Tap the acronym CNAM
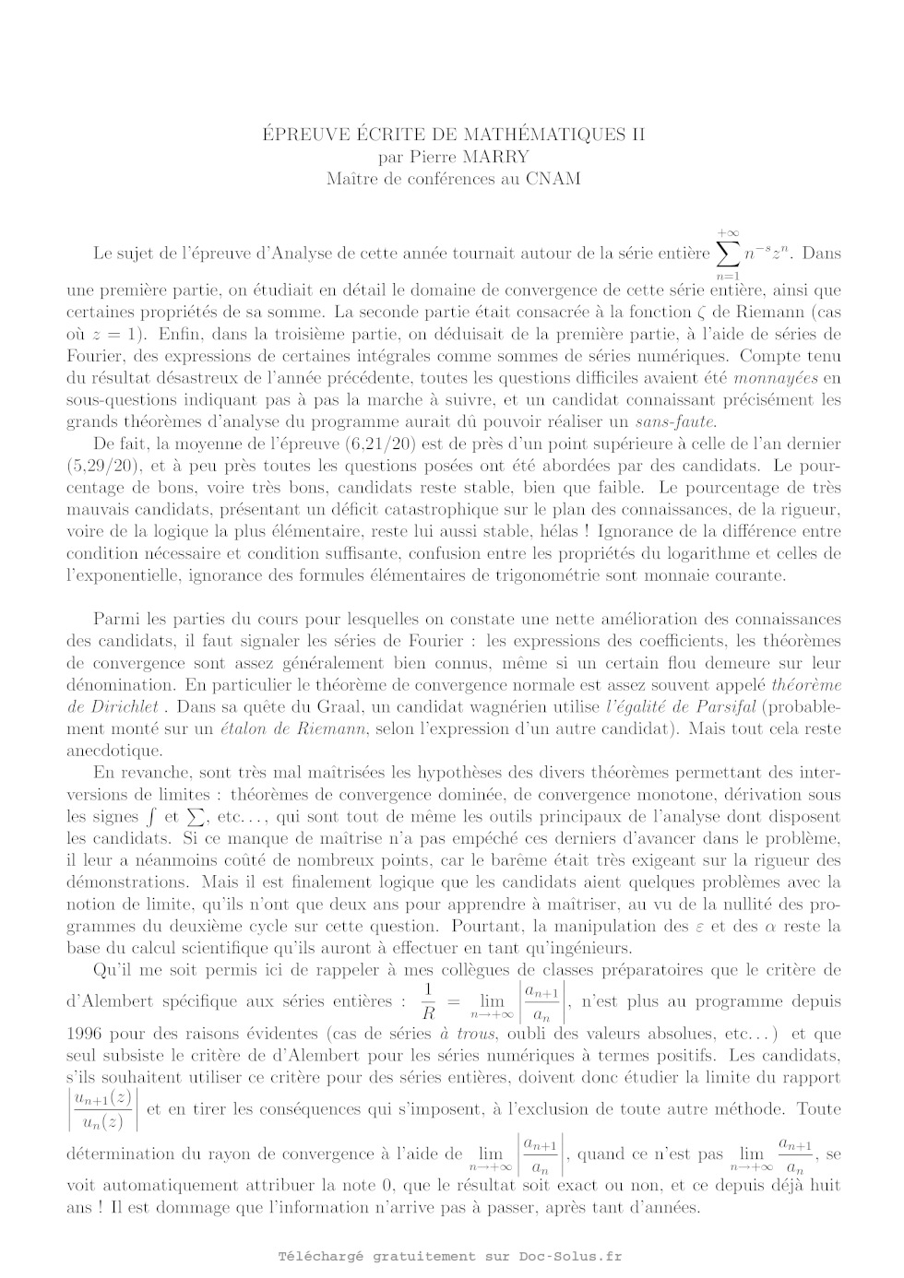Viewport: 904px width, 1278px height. click(x=553, y=179)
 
